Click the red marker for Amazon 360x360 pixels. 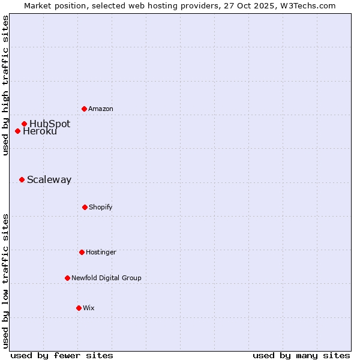tap(85, 109)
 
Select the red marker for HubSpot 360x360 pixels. tap(25, 124)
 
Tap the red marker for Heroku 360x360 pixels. tap(18, 131)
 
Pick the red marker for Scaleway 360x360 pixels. tap(22, 179)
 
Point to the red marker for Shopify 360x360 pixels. tap(85, 207)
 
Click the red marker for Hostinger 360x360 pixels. tap(82, 252)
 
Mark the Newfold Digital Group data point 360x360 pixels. tap(67, 278)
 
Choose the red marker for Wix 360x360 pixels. tap(79, 308)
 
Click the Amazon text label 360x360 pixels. tap(101, 109)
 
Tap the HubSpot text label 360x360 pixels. tap(50, 124)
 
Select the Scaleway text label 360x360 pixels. tap(49, 179)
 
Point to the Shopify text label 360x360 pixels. tap(101, 207)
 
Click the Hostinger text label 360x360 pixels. tap(101, 252)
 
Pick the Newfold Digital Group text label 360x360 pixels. tap(106, 278)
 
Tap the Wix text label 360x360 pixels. tap(89, 308)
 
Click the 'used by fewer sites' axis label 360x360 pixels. tap(62, 355)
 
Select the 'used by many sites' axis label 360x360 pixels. tap(301, 355)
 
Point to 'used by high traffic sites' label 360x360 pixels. tap(5, 85)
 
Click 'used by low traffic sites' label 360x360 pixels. tap(5, 281)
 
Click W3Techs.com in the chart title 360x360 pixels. tap(305, 5)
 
